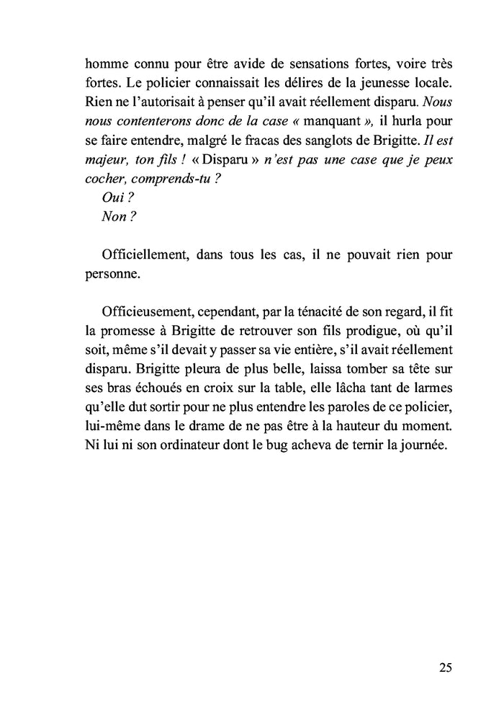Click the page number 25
(445, 667)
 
